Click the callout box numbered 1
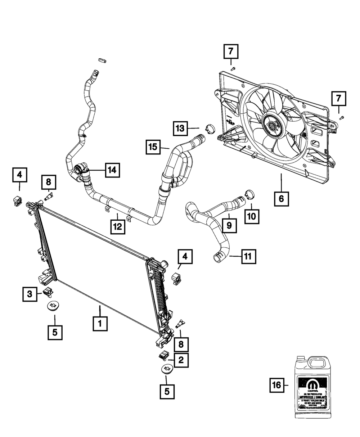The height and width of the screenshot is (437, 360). point(100,324)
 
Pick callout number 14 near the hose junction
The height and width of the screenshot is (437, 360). point(112,170)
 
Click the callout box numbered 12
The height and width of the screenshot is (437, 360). point(118,226)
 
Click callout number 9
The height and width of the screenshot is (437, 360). point(229,226)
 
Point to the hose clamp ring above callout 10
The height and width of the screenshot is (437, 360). point(248,194)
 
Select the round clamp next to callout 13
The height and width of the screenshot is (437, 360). point(209,127)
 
